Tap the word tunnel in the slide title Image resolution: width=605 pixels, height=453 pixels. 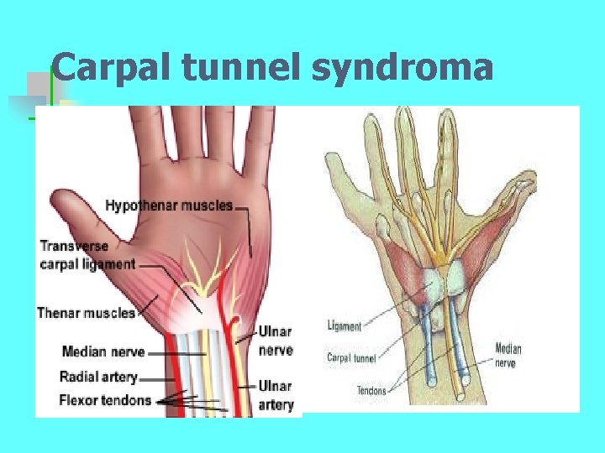244,67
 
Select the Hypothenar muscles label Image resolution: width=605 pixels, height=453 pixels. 169,206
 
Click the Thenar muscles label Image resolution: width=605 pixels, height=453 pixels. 87,313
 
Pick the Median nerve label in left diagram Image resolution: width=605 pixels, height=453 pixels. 103,351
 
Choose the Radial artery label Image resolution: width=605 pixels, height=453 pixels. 98,377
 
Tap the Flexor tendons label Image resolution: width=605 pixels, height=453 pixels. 105,399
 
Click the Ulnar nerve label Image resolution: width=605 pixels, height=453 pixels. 276,341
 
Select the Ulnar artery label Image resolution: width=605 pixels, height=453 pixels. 276,395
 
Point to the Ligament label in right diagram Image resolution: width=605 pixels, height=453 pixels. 344,326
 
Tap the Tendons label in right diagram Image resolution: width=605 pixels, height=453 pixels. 371,390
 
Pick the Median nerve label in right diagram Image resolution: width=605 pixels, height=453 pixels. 508,355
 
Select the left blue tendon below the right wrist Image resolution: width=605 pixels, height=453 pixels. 432,336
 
